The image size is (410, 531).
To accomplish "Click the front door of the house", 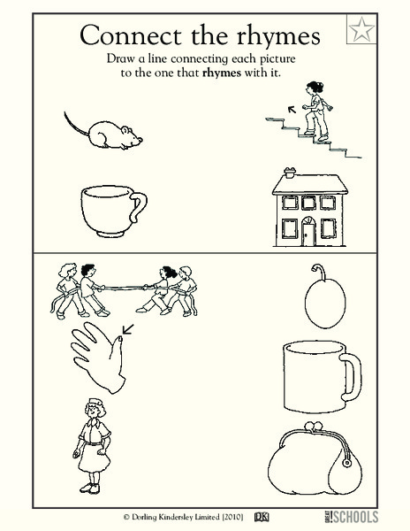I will [x=309, y=233].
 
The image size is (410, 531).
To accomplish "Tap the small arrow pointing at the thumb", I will [x=128, y=333].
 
